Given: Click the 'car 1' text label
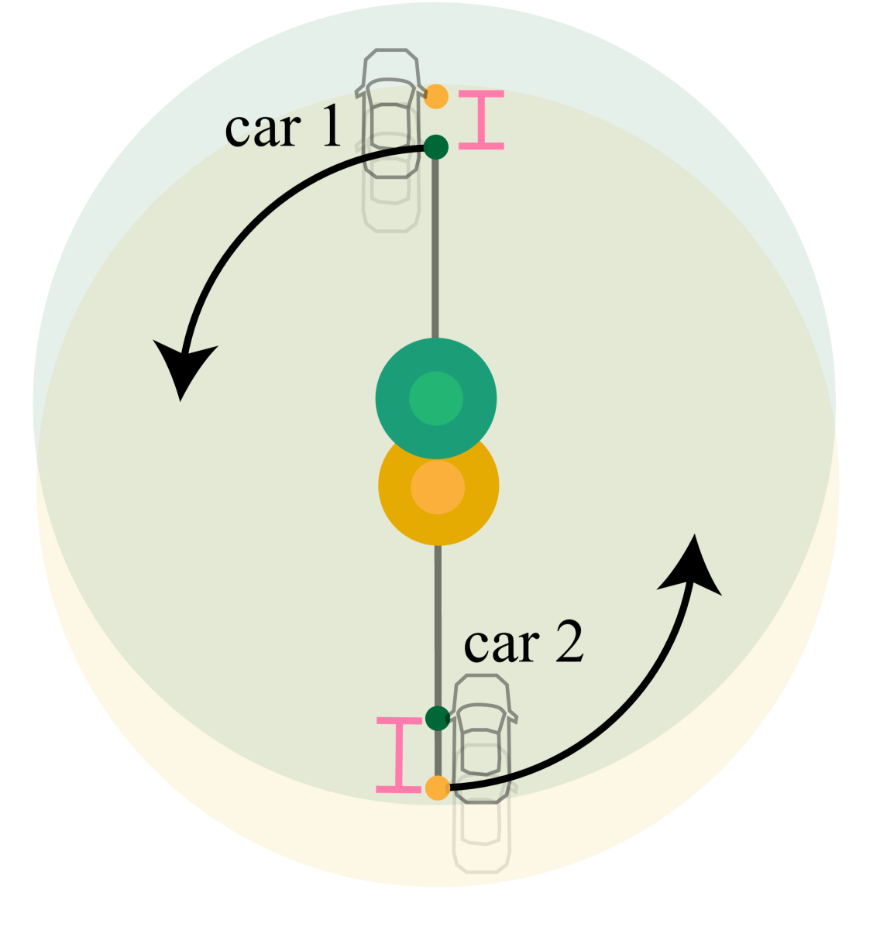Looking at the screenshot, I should click(x=283, y=128).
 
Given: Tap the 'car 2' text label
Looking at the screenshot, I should click(x=524, y=644).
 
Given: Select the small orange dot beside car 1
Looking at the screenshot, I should click(x=436, y=97).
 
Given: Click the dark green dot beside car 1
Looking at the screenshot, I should click(x=435, y=146).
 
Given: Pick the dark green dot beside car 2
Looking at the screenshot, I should click(x=438, y=718).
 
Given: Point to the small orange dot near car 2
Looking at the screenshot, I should click(x=438, y=788).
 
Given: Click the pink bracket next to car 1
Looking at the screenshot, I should click(x=481, y=119).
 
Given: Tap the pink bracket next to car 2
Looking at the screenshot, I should click(x=399, y=755).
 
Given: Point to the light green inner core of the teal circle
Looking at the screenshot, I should click(x=436, y=399).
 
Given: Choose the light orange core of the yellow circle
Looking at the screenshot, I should click(x=438, y=487).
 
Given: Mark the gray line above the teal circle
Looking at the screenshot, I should click(x=435, y=248).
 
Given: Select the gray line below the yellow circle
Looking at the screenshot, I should click(x=438, y=620).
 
